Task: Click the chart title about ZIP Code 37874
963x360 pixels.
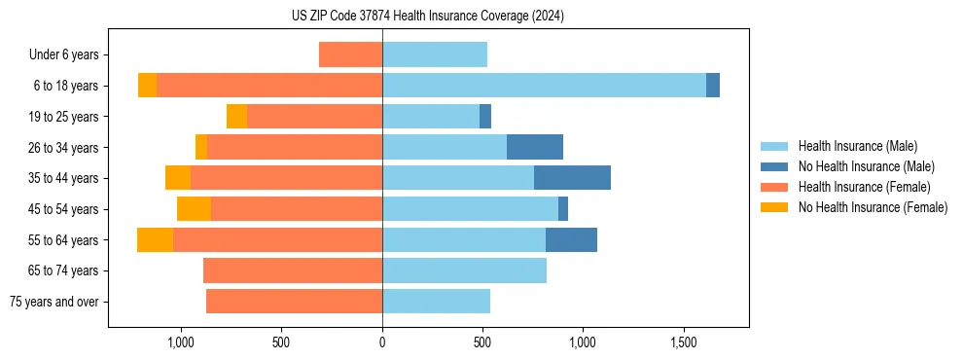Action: pyautogui.click(x=427, y=16)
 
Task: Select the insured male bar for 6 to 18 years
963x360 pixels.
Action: pyautogui.click(x=544, y=86)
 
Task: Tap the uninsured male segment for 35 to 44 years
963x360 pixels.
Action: pyautogui.click(x=572, y=178)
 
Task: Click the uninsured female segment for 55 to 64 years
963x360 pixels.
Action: pyautogui.click(x=155, y=239)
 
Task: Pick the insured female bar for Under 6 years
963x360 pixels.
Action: pyautogui.click(x=350, y=54)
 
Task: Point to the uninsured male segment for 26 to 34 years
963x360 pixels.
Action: pyautogui.click(x=535, y=147)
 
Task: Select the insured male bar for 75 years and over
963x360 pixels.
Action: pyautogui.click(x=436, y=302)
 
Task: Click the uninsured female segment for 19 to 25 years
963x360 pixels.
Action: pyautogui.click(x=236, y=117)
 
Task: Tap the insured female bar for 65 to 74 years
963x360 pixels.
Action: pyautogui.click(x=293, y=270)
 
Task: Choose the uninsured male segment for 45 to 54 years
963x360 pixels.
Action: pyautogui.click(x=563, y=209)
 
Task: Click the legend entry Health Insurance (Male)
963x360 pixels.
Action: pyautogui.click(x=857, y=146)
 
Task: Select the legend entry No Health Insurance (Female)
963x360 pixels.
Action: pyautogui.click(x=873, y=207)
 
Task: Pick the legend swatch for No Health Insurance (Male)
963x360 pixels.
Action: pyautogui.click(x=775, y=166)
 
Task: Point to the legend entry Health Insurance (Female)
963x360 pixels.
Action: pyautogui.click(x=864, y=187)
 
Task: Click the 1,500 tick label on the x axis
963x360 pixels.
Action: pyautogui.click(x=683, y=342)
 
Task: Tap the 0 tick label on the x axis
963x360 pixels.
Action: pyautogui.click(x=382, y=342)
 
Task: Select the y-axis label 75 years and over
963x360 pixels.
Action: pyautogui.click(x=53, y=302)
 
